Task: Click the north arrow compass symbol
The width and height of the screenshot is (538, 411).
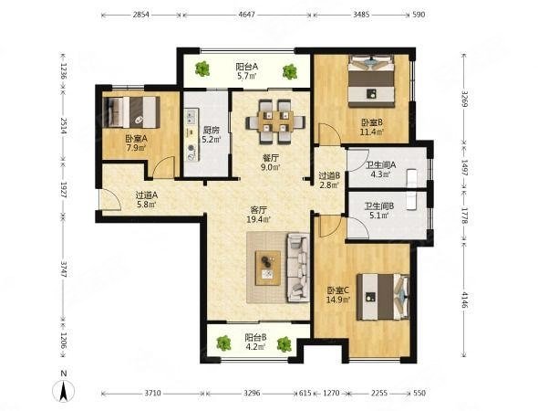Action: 63,391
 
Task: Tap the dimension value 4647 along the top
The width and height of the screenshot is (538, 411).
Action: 247,15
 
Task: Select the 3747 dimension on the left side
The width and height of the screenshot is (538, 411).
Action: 64,269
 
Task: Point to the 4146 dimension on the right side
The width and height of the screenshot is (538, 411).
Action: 464,301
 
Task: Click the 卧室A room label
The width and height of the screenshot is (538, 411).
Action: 136,139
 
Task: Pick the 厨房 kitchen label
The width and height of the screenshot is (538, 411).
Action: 211,130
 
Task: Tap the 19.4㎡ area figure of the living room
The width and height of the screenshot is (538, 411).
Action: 259,219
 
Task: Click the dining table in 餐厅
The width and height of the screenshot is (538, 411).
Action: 275,121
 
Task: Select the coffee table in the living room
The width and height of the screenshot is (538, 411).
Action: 268,268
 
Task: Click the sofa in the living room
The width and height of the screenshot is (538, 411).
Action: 298,268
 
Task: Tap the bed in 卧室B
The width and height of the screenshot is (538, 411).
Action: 371,81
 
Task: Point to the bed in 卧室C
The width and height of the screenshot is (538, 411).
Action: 383,297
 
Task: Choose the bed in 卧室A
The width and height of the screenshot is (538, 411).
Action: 131,112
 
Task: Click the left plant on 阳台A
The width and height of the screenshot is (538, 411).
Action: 202,68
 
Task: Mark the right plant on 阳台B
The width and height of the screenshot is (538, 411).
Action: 285,344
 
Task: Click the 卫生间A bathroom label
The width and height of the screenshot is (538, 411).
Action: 381,165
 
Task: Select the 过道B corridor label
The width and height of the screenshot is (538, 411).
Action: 329,175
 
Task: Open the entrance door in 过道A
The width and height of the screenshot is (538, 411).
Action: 109,199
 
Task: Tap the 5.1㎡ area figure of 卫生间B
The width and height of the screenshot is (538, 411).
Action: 379,216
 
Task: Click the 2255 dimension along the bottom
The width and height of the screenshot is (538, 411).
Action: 379,393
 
